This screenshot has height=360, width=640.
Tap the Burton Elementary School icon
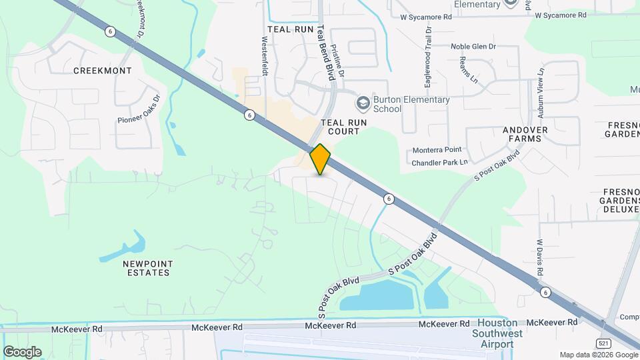[363, 103]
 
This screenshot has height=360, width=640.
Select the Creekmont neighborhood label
[102, 70]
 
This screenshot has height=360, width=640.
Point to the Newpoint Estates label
[147, 267]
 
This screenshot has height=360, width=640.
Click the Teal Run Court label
[340, 127]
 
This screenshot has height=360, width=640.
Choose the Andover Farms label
[525, 134]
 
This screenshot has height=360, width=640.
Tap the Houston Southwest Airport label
[492, 333]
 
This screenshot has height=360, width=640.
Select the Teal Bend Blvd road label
[324, 53]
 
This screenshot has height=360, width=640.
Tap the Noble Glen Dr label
[473, 46]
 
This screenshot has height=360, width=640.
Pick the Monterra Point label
[437, 151]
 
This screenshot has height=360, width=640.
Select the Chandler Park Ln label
[439, 162]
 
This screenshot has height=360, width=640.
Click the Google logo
[22, 351]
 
